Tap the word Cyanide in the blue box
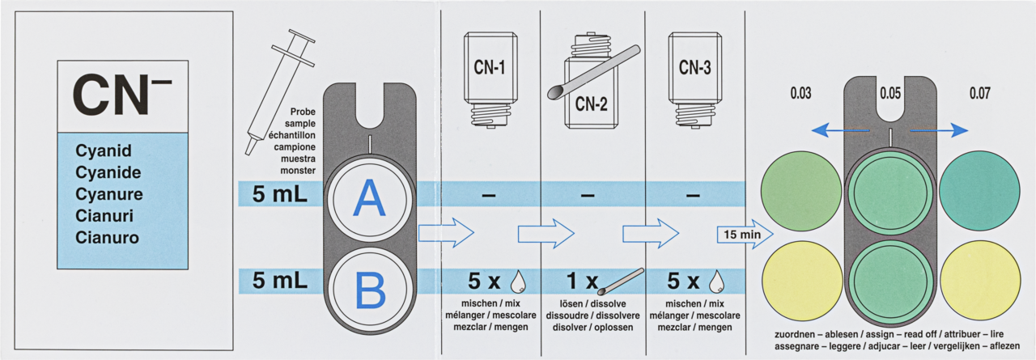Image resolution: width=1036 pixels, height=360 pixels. (x=108, y=172)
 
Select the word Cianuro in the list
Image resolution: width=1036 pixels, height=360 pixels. (x=107, y=238)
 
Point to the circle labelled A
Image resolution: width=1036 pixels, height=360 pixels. (x=370, y=199)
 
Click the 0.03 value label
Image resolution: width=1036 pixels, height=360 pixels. (x=800, y=93)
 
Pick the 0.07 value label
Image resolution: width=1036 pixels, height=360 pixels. (x=980, y=93)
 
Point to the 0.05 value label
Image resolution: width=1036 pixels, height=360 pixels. (x=890, y=93)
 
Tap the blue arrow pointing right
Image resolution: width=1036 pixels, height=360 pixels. (x=939, y=129)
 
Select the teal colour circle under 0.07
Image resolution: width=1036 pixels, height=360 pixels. (x=980, y=189)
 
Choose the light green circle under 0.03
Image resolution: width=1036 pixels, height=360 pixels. (x=801, y=189)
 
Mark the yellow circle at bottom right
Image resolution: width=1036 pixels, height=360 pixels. (x=980, y=279)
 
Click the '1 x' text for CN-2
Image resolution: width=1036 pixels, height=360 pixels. (x=580, y=282)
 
